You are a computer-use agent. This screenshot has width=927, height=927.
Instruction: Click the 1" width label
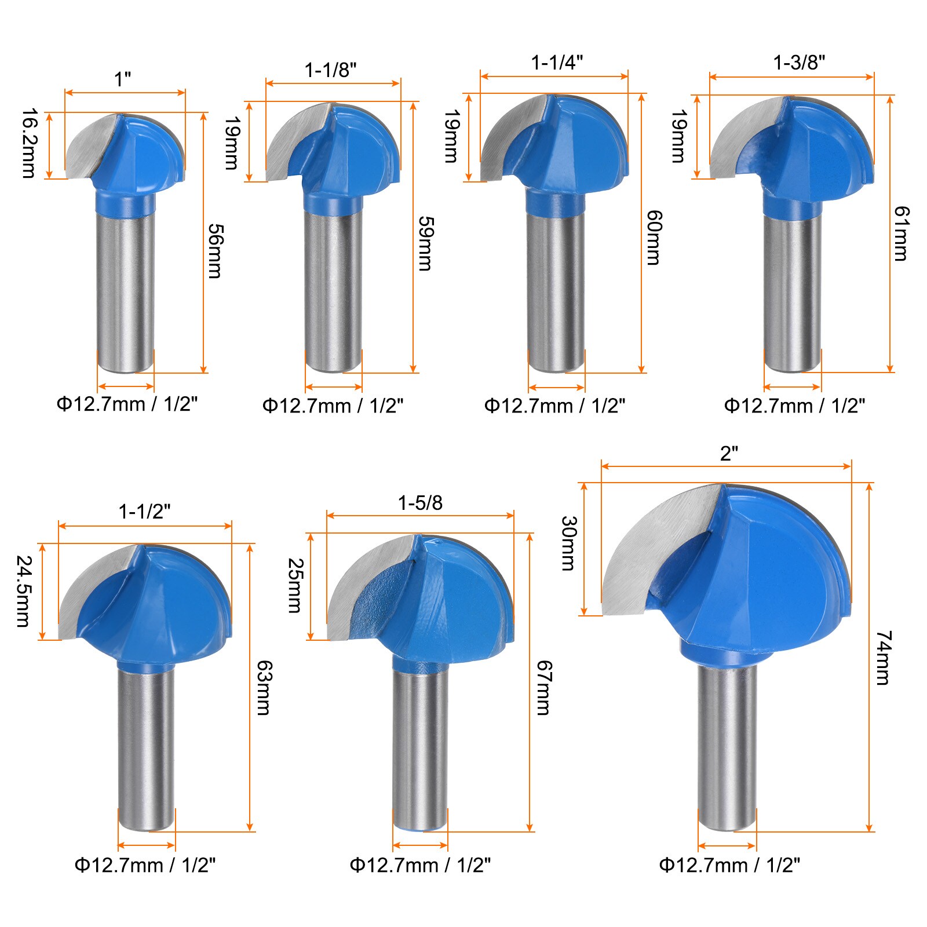[x=123, y=79]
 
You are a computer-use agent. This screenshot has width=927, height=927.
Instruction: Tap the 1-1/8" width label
[x=331, y=70]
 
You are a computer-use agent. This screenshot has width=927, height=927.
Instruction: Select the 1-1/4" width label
[x=557, y=62]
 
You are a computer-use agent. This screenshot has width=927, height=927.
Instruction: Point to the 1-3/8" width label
[x=799, y=62]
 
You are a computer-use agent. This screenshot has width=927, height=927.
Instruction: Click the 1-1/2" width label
[x=145, y=512]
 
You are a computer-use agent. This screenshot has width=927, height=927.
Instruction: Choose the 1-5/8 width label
[x=420, y=503]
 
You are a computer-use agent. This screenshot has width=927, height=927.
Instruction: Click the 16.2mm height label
[x=28, y=144]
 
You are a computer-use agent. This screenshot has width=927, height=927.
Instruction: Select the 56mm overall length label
[x=215, y=251]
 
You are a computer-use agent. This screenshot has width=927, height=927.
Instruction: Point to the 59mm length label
[x=426, y=243]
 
